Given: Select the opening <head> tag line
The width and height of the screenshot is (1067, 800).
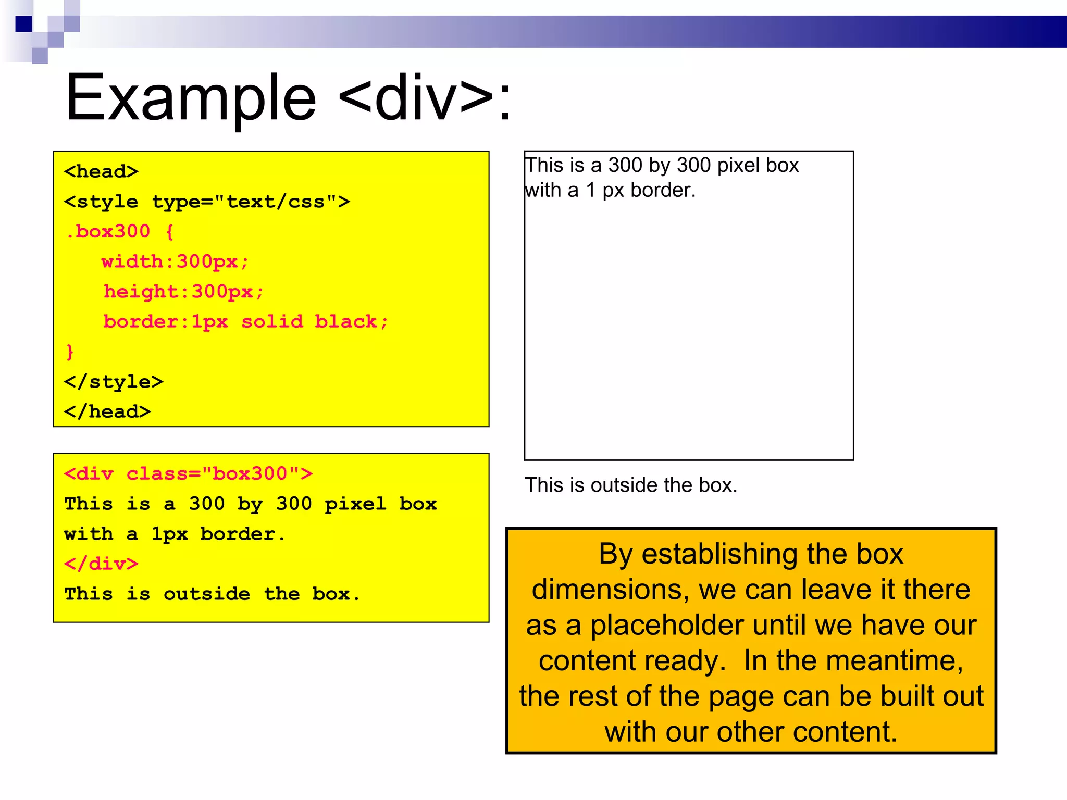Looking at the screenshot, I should [x=101, y=171].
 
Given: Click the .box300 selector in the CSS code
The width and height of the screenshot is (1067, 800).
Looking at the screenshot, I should [x=108, y=231].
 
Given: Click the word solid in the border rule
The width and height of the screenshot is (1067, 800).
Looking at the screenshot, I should [x=272, y=321].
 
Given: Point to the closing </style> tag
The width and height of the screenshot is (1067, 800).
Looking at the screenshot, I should [x=114, y=382].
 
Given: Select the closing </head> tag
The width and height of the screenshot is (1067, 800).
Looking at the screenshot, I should [x=107, y=411].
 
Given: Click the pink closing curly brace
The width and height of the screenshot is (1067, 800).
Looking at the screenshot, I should [x=70, y=352].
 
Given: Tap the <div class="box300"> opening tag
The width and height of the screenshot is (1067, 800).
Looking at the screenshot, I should [x=188, y=473].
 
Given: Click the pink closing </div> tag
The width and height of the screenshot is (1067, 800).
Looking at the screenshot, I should [x=101, y=564].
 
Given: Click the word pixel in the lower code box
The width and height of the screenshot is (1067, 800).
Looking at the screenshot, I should [x=355, y=504].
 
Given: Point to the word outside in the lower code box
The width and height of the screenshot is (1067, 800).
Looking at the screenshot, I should [x=207, y=594].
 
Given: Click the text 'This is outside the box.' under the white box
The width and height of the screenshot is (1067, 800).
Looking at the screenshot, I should [x=631, y=485].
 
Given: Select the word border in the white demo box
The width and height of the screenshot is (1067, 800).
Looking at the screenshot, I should [x=663, y=191].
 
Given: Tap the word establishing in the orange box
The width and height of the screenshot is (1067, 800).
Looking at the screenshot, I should [x=719, y=554].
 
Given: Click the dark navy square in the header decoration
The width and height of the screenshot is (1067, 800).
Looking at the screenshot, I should [x=24, y=24].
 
